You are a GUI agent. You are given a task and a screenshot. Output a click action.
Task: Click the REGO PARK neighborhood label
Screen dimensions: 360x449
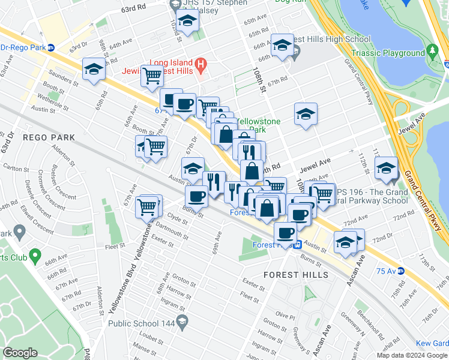[x=49, y=137]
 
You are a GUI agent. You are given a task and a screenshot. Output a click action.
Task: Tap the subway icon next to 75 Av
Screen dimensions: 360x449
[x=401, y=271]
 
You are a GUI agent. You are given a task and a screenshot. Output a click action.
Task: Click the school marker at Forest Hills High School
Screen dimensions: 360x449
[x=282, y=45]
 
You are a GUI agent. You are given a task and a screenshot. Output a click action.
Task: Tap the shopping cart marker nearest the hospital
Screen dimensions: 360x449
[x=152, y=76]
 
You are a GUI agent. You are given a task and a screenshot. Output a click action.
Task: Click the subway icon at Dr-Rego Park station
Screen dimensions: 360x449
[x=52, y=47]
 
